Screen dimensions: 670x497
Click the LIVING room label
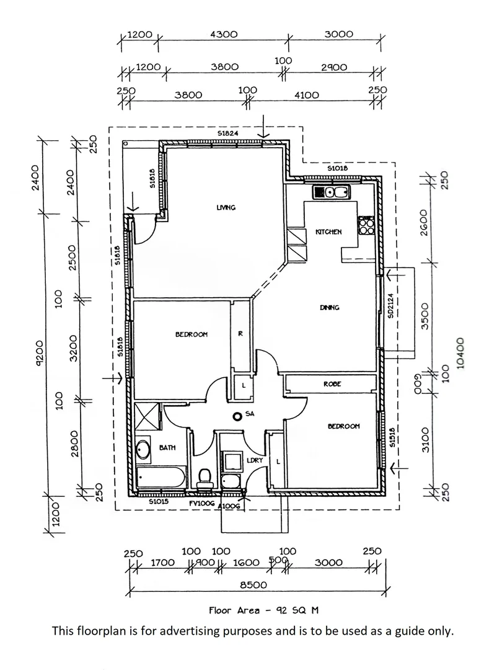pyautogui.click(x=226, y=208)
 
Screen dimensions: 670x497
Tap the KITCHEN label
pyautogui.click(x=328, y=231)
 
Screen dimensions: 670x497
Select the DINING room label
pyautogui.click(x=330, y=308)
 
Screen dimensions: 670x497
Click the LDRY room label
pyautogui.click(x=254, y=460)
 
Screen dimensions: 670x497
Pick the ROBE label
pyautogui.click(x=332, y=384)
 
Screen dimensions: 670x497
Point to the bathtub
pyautogui.click(x=160, y=478)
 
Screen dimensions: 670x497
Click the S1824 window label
pyautogui.click(x=227, y=134)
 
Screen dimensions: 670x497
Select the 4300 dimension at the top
pyautogui.click(x=223, y=35)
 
